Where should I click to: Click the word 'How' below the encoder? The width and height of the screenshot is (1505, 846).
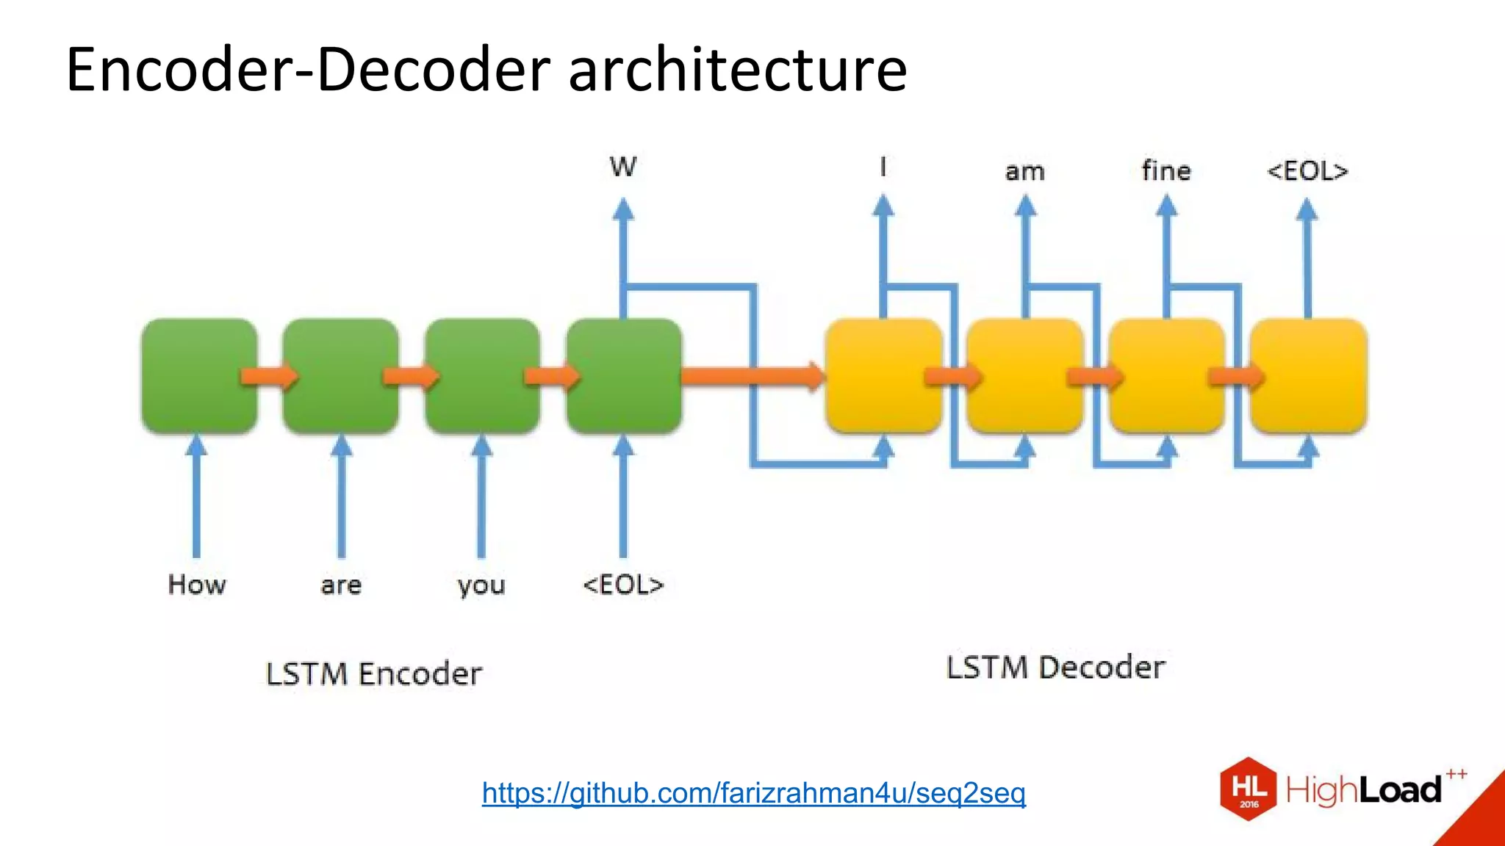(x=197, y=585)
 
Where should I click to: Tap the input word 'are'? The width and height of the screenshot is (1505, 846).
(x=341, y=585)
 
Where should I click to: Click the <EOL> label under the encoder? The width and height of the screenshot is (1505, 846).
(x=623, y=585)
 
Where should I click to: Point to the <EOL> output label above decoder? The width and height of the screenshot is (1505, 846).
(x=1307, y=171)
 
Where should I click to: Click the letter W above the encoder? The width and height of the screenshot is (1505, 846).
(x=623, y=167)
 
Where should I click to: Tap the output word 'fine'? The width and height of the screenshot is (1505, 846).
(x=1166, y=170)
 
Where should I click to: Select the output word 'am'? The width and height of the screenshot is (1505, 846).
(x=1024, y=172)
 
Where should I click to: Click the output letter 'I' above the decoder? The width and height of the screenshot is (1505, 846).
(x=883, y=167)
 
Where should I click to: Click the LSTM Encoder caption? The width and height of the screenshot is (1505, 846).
(x=373, y=673)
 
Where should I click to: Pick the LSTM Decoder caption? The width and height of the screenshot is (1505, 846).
(x=1055, y=668)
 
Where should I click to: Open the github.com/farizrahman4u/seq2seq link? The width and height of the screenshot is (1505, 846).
(x=753, y=793)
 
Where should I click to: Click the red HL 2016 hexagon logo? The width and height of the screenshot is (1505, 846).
(x=1249, y=789)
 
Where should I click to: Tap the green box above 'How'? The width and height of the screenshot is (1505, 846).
(x=199, y=375)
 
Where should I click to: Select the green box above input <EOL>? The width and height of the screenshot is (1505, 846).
(x=624, y=375)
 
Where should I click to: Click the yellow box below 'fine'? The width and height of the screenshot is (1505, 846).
(x=1166, y=375)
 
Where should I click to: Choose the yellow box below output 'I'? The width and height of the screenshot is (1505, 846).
(x=883, y=375)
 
